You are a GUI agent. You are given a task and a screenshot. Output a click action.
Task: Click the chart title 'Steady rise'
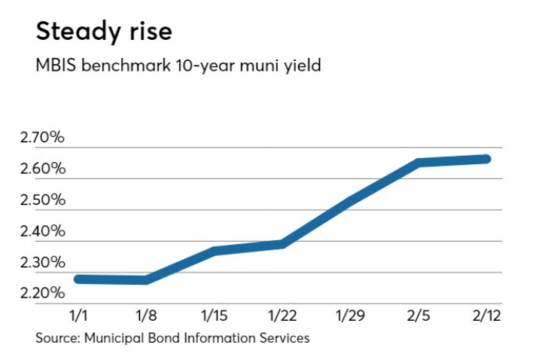click(104, 32)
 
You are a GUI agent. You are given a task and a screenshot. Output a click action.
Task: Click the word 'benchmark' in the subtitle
click(126, 66)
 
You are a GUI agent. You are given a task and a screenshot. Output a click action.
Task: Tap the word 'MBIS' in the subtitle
click(56, 66)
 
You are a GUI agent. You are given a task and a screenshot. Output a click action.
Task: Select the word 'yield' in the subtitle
click(303, 66)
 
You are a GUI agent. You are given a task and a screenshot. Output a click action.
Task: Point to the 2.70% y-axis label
click(42, 137)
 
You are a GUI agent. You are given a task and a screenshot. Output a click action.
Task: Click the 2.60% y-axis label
click(43, 169)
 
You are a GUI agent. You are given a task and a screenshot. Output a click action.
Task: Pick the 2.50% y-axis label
click(43, 200)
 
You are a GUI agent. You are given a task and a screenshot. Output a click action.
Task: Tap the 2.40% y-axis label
click(43, 231)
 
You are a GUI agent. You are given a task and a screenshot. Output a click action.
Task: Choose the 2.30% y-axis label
click(43, 262)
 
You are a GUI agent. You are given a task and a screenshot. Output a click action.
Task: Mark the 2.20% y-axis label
click(43, 293)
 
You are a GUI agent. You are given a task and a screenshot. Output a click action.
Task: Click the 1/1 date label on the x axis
click(78, 316)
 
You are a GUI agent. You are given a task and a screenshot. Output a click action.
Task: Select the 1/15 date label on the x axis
click(215, 316)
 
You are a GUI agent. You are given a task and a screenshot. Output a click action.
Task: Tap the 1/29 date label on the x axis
click(350, 316)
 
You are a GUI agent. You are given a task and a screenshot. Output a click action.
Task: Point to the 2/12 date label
click(486, 316)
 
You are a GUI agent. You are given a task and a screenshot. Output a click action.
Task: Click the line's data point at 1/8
click(146, 280)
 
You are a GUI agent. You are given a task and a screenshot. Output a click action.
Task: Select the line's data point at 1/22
click(282, 244)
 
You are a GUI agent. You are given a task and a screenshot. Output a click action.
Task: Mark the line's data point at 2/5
click(419, 163)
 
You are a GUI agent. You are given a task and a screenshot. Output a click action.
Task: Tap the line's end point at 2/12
click(486, 159)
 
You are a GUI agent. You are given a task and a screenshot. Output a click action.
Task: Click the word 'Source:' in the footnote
click(58, 337)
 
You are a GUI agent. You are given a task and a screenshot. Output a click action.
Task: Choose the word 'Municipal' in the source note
click(114, 338)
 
